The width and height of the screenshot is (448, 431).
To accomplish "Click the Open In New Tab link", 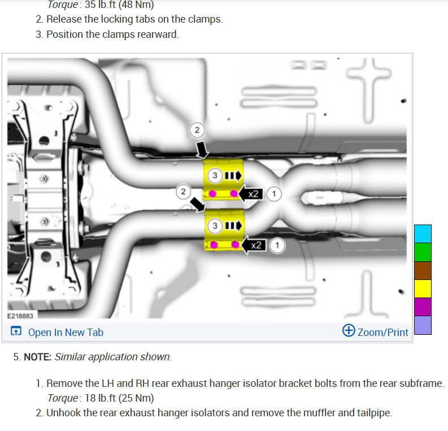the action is click(x=58, y=332).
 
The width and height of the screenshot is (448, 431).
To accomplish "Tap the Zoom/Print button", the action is click(x=376, y=331).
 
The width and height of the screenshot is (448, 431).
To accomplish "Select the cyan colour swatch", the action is click(x=423, y=234).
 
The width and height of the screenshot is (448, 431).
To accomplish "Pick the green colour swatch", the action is click(x=423, y=252).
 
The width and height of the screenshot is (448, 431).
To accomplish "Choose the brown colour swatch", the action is click(x=423, y=270).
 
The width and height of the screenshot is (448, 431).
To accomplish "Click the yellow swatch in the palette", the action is click(x=423, y=288).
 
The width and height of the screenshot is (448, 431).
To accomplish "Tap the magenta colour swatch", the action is click(x=423, y=307).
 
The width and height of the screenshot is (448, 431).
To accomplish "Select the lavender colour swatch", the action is click(x=423, y=325).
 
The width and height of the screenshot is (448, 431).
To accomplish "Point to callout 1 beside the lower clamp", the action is click(x=277, y=245).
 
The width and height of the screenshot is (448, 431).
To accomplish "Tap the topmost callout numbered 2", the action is click(x=196, y=131).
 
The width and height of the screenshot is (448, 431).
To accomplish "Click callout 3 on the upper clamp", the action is click(x=215, y=175).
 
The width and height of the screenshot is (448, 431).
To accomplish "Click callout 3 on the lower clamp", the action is click(x=215, y=226).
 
